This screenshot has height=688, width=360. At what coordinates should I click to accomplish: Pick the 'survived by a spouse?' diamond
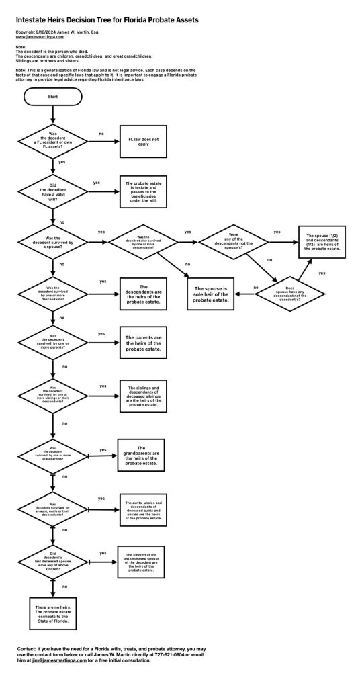53,241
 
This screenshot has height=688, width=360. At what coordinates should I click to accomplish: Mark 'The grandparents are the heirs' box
142,456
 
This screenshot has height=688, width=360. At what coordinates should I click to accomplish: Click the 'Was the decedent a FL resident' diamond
53,141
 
